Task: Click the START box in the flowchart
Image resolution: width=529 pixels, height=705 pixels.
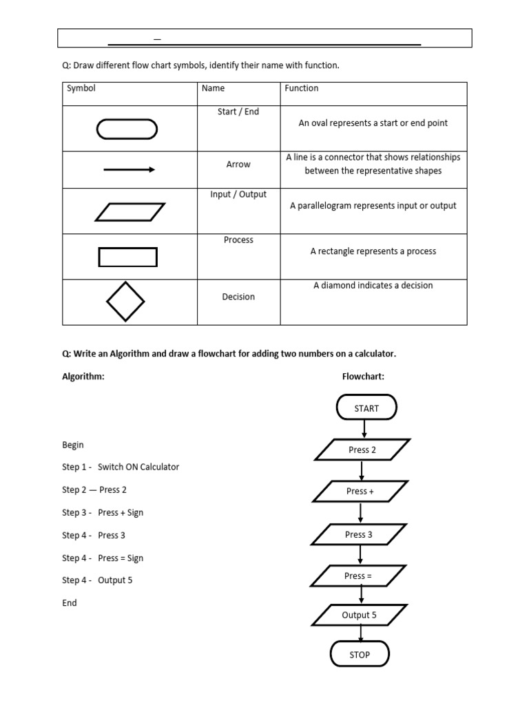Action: [366, 408]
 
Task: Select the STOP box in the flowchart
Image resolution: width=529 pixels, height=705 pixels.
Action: [360, 654]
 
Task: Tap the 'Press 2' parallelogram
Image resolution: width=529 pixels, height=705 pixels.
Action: [362, 450]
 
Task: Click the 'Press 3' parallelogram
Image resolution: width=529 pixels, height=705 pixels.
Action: [359, 534]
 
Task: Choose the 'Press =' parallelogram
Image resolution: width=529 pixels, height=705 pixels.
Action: [359, 576]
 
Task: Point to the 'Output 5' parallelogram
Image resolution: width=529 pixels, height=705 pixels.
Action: [359, 615]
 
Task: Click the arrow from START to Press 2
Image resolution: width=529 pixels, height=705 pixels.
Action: [364, 429]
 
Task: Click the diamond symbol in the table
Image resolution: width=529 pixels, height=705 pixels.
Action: [125, 302]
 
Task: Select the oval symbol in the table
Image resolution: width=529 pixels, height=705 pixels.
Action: [127, 129]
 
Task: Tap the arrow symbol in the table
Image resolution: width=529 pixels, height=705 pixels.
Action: [129, 169]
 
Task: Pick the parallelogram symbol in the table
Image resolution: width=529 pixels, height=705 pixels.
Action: [129, 211]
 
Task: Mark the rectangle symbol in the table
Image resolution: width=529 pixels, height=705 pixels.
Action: [128, 257]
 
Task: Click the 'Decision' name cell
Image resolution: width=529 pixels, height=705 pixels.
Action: [238, 297]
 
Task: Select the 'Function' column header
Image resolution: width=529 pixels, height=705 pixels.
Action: [302, 88]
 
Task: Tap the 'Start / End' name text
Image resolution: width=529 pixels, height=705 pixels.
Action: [238, 112]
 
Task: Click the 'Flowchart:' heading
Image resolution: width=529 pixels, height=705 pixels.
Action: [363, 377]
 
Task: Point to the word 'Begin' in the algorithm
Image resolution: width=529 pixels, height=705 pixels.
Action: [73, 445]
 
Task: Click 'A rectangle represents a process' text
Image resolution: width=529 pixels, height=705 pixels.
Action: [373, 251]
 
